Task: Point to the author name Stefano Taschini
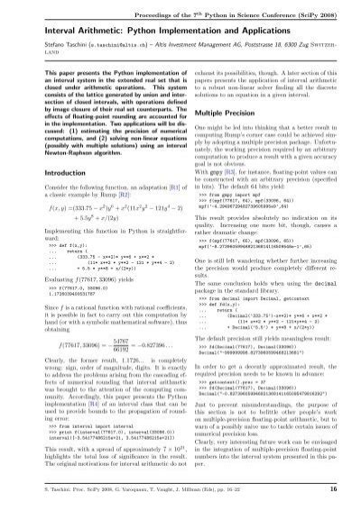pyautogui.click(x=33, y=43)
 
